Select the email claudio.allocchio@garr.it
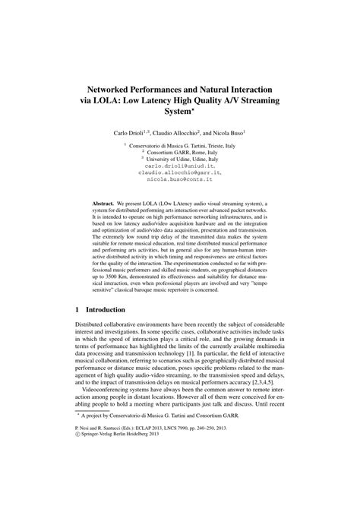(x=179, y=172)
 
